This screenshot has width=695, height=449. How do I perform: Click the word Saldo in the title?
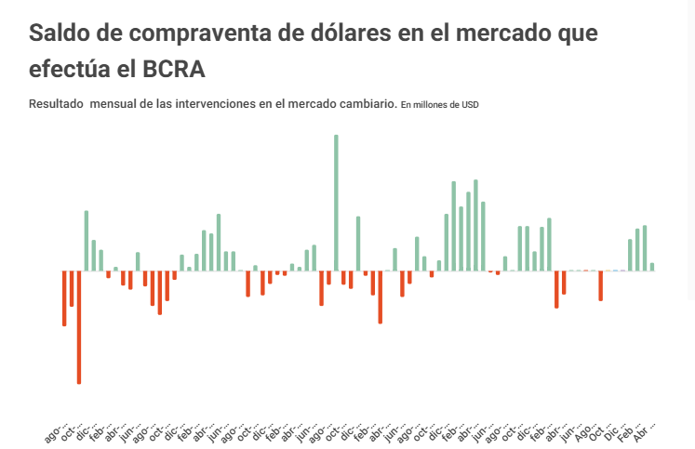click(x=61, y=33)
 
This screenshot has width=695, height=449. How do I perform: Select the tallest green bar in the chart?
click(x=336, y=203)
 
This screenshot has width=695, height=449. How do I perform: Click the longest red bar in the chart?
click(x=79, y=327)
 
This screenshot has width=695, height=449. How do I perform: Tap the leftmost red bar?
click(x=64, y=298)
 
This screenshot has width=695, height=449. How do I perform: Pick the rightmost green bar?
click(x=652, y=267)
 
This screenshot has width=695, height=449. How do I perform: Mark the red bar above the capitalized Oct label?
click(x=601, y=286)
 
